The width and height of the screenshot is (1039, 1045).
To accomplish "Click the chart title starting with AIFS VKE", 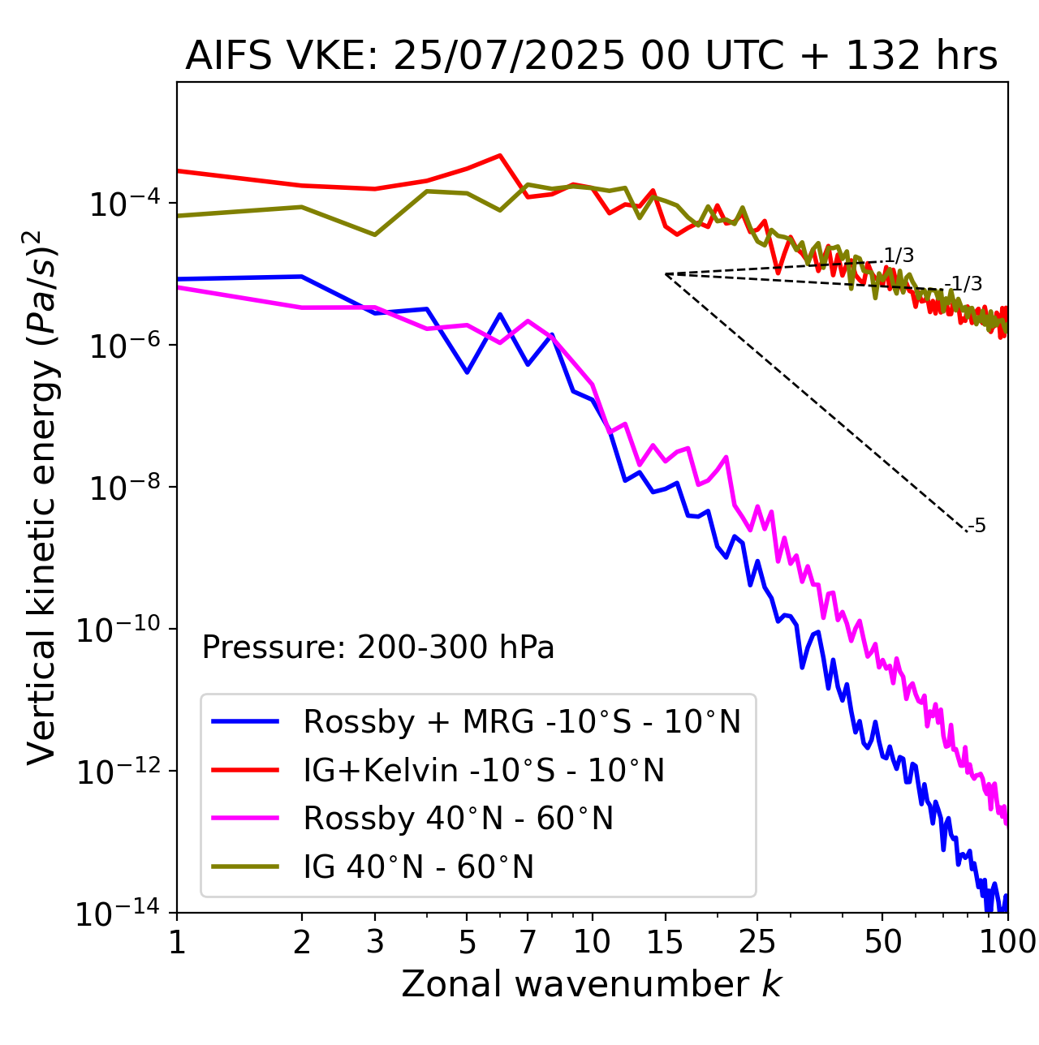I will point(591,57).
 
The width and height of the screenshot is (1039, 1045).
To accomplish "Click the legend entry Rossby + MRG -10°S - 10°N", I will point(522,721).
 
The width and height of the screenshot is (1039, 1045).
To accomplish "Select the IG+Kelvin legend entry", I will point(484,770).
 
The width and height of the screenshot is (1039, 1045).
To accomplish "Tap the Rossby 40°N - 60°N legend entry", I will point(458,819).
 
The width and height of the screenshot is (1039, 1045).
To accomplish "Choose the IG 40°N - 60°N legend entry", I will point(418,867).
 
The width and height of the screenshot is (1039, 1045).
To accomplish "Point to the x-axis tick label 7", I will point(528,941).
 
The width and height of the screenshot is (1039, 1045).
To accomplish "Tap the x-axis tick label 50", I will point(882,941).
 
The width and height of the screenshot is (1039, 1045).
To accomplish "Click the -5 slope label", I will point(977,527).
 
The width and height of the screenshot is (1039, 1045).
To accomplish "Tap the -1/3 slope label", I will point(965,284).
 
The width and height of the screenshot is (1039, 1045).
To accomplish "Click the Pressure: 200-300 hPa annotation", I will point(377,647).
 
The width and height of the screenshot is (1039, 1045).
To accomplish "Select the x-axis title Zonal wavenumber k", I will point(591,984).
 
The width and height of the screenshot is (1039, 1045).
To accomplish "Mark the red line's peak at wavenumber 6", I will point(500,155).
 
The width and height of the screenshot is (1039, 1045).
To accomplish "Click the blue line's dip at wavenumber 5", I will point(467,372).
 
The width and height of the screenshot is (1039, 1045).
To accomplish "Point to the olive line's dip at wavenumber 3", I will point(374,235).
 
